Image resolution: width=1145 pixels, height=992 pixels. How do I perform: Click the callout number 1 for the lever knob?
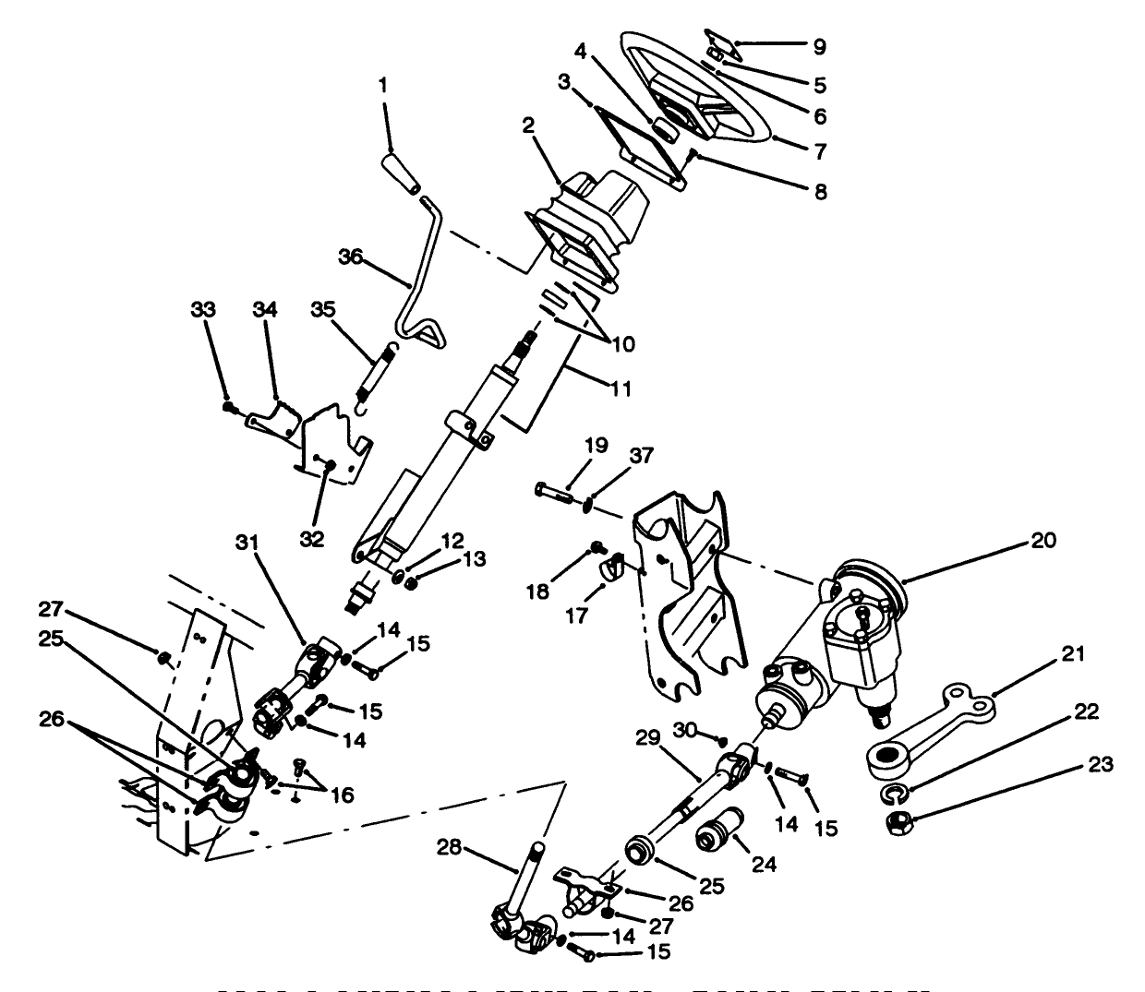pos(382,85)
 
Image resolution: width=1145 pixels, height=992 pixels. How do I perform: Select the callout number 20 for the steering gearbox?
pos(1043,542)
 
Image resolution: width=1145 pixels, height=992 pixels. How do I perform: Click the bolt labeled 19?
pos(557,489)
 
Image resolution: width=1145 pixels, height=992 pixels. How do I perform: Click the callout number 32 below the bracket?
pos(312,539)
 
